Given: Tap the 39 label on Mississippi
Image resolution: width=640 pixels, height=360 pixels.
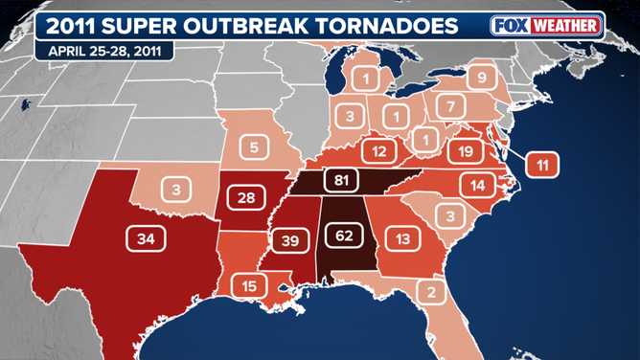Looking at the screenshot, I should [x=291, y=240].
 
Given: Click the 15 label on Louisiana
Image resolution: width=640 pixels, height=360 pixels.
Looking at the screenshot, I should [x=249, y=285].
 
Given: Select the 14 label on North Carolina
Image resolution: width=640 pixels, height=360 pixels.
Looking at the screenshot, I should [x=478, y=185].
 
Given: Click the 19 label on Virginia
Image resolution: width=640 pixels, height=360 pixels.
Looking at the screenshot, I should [x=466, y=150].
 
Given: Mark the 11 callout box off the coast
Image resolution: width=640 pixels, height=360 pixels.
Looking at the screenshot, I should [x=542, y=165].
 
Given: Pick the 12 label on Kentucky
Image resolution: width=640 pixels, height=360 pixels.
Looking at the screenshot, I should [x=379, y=150].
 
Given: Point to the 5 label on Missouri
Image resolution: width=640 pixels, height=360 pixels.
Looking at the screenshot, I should [x=255, y=147].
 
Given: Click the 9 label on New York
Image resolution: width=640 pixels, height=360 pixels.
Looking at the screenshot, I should [x=482, y=78].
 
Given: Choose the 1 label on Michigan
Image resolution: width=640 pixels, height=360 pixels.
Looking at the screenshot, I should [x=365, y=78].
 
